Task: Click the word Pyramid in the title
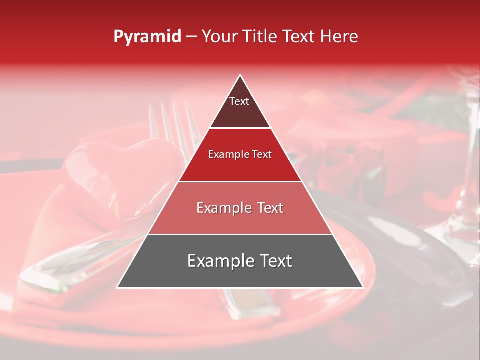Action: tap(147, 37)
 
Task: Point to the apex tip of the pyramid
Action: tap(240, 76)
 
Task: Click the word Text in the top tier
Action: tap(239, 101)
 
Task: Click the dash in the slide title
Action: tap(191, 37)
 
